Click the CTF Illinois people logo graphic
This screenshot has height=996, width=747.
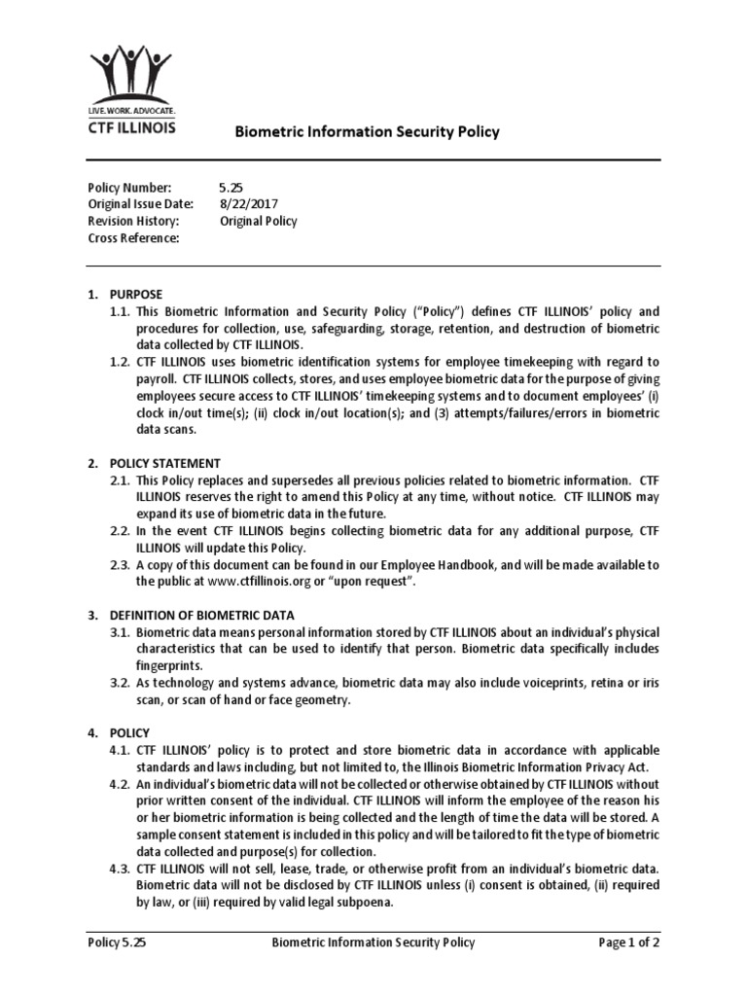coord(132,75)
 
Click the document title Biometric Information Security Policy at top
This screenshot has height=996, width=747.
coord(369,131)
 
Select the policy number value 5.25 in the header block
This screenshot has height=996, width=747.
coord(234,187)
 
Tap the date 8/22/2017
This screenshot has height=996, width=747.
coord(249,204)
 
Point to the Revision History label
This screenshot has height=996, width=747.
coord(133,221)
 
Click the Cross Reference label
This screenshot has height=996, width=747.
coord(133,238)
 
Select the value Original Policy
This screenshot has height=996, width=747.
coord(259,221)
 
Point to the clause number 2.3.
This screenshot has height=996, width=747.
coord(120,565)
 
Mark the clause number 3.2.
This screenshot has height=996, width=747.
coord(120,683)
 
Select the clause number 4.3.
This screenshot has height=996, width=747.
coord(120,869)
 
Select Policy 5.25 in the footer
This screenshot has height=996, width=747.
coord(118,943)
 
